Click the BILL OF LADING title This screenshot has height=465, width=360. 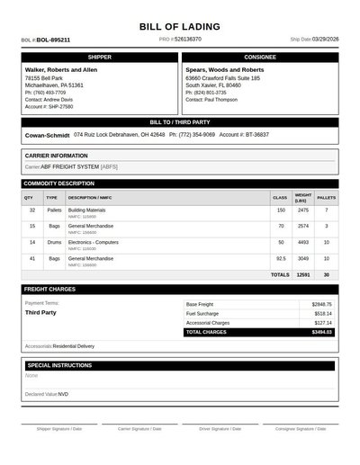pyautogui.click(x=180, y=27)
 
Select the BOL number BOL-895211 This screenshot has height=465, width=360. pyautogui.click(x=53, y=40)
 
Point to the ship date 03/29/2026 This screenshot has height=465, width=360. pyautogui.click(x=326, y=40)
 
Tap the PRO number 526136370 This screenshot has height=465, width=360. pyautogui.click(x=188, y=40)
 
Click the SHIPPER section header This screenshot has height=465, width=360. pyautogui.click(x=100, y=57)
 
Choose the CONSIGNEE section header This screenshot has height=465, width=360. pyautogui.click(x=260, y=57)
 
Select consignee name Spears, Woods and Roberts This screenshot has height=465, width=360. pyautogui.click(x=224, y=69)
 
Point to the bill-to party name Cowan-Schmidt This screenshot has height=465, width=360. pyautogui.click(x=48, y=135)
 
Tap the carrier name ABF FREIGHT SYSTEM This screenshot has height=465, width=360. pyautogui.click(x=70, y=166)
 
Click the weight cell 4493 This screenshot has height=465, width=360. pyautogui.click(x=302, y=242)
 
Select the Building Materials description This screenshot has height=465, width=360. pyautogui.click(x=86, y=210)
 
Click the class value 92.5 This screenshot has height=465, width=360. pyautogui.click(x=281, y=258)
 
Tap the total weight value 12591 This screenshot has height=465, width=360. pyautogui.click(x=302, y=274)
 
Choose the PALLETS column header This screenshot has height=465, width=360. pyautogui.click(x=327, y=197)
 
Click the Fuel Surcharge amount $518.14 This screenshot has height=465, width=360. pyautogui.click(x=322, y=314)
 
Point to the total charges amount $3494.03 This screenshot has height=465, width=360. pyautogui.click(x=321, y=332)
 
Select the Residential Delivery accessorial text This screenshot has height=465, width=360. pyautogui.click(x=73, y=346)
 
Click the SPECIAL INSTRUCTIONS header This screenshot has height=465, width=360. pyautogui.click(x=59, y=366)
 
